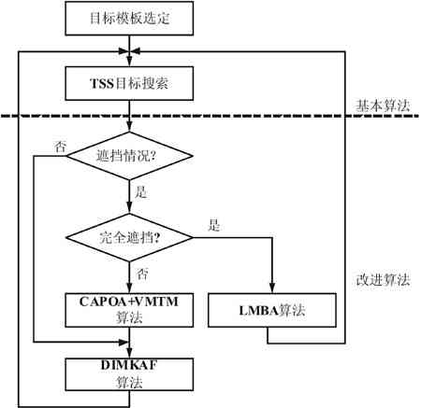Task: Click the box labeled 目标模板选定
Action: [x=129, y=19]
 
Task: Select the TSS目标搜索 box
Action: [x=129, y=83]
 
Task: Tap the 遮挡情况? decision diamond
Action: [x=129, y=156]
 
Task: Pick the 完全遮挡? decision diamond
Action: [x=129, y=238]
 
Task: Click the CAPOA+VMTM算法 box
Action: [x=129, y=310]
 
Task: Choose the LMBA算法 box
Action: [x=272, y=310]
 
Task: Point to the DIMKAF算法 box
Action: [x=129, y=374]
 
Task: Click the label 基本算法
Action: [x=383, y=106]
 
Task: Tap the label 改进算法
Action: [x=383, y=280]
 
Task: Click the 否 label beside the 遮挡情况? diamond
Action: [x=61, y=147]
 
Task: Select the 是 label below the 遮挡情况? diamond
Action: [x=141, y=192]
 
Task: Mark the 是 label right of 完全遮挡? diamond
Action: [x=214, y=225]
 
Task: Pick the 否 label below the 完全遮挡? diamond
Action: [x=142, y=274]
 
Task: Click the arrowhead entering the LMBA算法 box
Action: [x=272, y=288]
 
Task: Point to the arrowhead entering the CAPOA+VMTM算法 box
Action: [x=129, y=288]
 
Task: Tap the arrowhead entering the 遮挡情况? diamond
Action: [x=129, y=127]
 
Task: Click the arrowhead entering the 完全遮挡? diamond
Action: [x=129, y=209]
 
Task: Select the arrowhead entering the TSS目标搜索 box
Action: [x=129, y=62]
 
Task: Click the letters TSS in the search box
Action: [x=102, y=84]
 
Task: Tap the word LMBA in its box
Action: [x=258, y=311]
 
